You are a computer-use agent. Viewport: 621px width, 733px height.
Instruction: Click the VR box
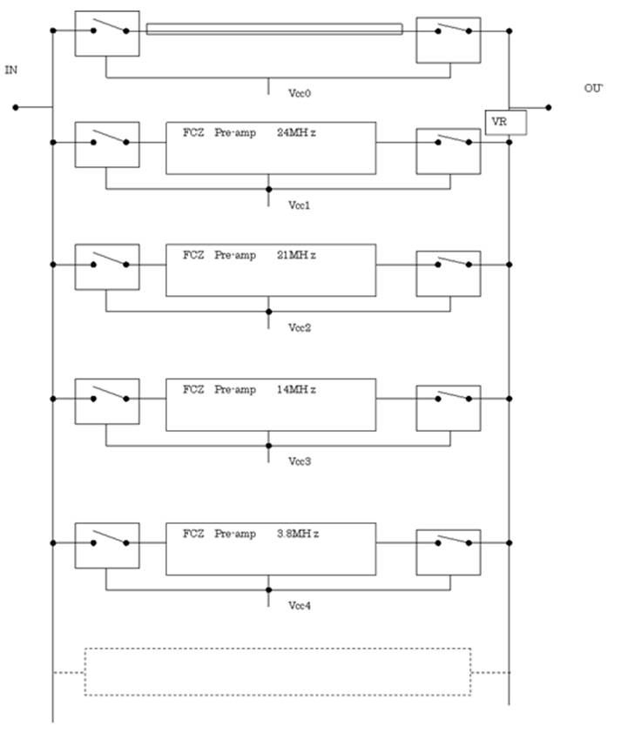(x=506, y=123)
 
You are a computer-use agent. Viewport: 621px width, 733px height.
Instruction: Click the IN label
(x=11, y=69)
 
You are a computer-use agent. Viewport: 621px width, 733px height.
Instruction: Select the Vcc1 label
(x=300, y=205)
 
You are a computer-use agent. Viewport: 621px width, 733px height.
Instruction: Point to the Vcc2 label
(x=300, y=327)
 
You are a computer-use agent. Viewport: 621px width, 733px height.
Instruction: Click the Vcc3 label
(x=300, y=461)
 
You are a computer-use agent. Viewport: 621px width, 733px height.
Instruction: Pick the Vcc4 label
(x=300, y=605)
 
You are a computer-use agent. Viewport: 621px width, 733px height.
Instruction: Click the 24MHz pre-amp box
(x=271, y=148)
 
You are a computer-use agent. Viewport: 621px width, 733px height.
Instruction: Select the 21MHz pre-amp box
(x=271, y=270)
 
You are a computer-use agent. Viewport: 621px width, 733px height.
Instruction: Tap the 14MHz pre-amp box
(x=271, y=404)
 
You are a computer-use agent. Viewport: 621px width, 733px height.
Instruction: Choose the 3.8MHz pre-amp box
(x=271, y=548)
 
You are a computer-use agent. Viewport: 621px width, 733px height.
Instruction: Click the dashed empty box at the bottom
(x=277, y=671)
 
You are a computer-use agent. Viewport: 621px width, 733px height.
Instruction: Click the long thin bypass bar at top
(x=274, y=30)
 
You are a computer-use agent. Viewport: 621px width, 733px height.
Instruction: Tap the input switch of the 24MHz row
(x=107, y=144)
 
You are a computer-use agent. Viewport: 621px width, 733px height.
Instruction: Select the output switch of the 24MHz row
(x=448, y=151)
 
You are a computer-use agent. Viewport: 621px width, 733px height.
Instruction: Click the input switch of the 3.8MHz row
(x=107, y=545)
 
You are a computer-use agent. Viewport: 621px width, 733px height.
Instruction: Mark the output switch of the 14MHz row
(x=448, y=407)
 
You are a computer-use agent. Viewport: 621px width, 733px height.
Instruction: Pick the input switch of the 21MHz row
(x=107, y=266)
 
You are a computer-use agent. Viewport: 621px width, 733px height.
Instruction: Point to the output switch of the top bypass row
(x=448, y=40)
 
